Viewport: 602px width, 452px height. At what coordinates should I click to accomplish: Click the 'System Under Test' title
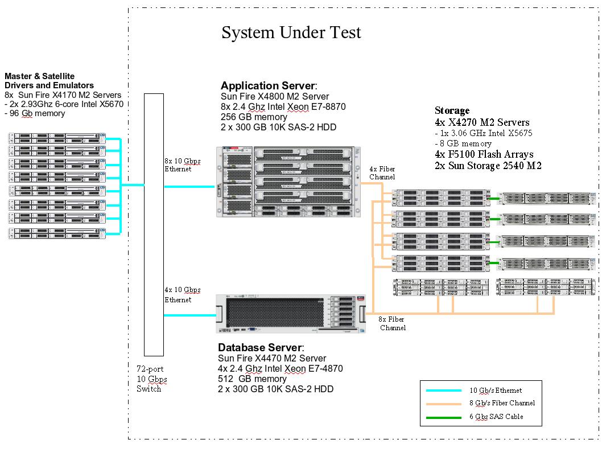pyautogui.click(x=291, y=32)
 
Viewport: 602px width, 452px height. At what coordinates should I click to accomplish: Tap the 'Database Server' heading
pyautogui.click(x=261, y=347)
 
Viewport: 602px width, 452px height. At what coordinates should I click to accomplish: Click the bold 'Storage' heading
pyautogui.click(x=452, y=110)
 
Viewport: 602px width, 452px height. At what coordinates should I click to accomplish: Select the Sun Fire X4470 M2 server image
pyautogui.click(x=290, y=314)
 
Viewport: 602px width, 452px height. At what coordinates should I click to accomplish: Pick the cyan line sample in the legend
pyautogui.click(x=443, y=391)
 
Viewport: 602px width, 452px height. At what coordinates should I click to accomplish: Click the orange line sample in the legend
pyautogui.click(x=443, y=403)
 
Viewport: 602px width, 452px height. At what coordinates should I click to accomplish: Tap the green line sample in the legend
pyautogui.click(x=443, y=417)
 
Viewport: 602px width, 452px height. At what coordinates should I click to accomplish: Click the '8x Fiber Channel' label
pyautogui.click(x=392, y=324)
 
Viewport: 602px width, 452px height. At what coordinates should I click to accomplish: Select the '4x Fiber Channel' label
pyautogui.click(x=382, y=173)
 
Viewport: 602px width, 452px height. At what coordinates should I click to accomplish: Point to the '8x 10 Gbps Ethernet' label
pyautogui.click(x=182, y=165)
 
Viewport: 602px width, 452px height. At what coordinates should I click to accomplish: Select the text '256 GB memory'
pyautogui.click(x=254, y=117)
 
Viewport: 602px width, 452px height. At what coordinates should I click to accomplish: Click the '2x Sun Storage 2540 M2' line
pyautogui.click(x=488, y=166)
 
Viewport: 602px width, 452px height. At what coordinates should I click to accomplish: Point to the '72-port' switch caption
pyautogui.click(x=150, y=369)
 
